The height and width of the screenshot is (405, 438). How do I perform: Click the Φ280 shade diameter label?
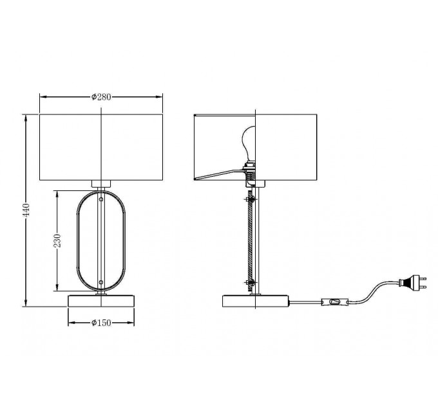(101, 97)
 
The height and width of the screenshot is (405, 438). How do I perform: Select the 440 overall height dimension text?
(26, 210)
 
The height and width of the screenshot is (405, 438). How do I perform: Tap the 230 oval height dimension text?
(57, 241)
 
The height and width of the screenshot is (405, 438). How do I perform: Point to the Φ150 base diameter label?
(101, 323)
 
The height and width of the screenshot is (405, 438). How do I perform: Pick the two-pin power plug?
(413, 282)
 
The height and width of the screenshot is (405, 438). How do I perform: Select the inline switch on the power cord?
(335, 302)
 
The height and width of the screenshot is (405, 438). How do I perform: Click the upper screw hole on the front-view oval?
(101, 199)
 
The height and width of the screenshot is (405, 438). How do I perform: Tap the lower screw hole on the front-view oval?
(101, 282)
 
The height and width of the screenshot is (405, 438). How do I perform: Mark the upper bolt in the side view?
(250, 199)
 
